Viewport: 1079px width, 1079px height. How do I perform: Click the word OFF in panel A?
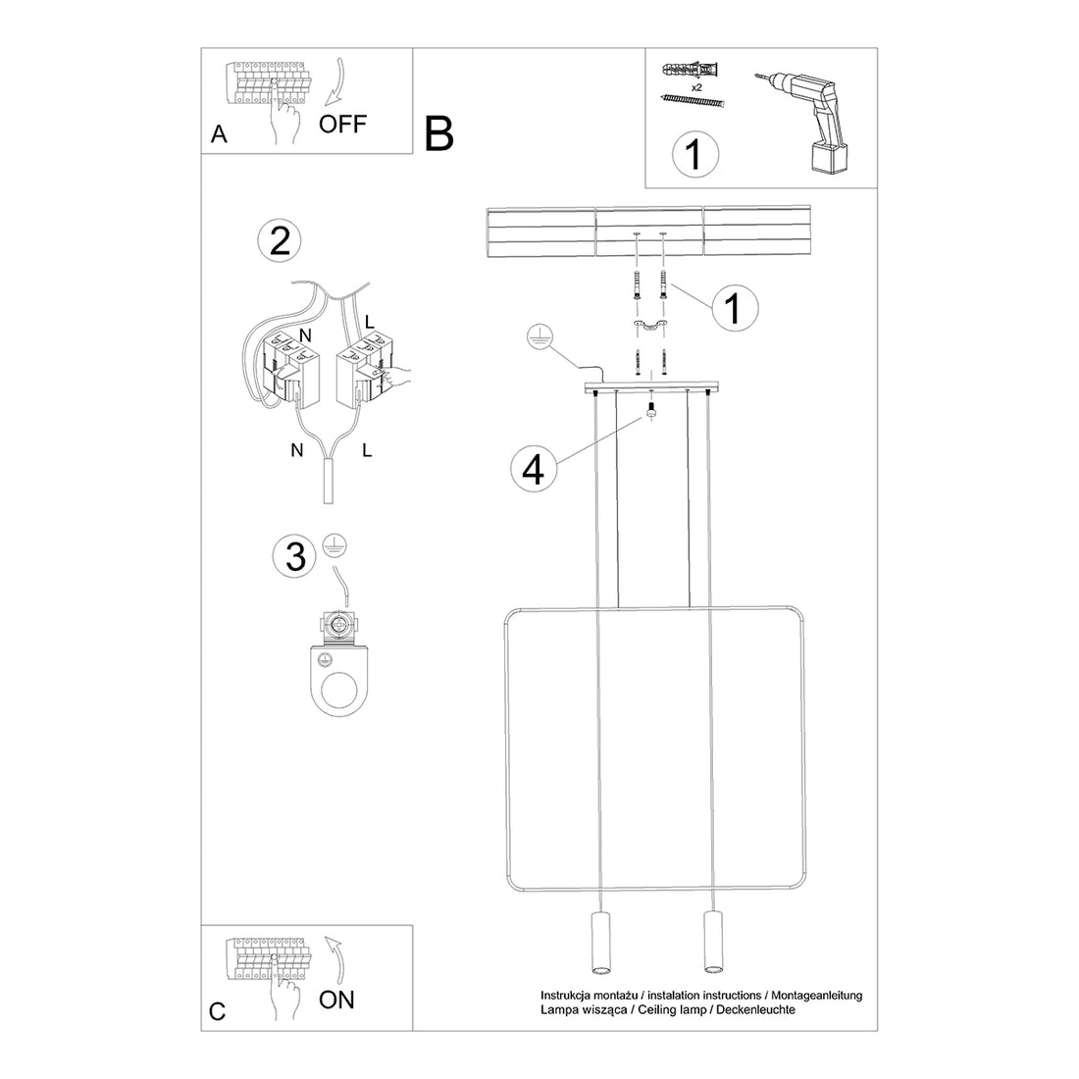coord(342,124)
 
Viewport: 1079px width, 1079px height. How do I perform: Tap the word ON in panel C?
coord(337,1000)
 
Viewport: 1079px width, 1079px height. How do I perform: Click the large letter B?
coord(439,134)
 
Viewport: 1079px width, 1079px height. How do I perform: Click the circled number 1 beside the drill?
coord(694,154)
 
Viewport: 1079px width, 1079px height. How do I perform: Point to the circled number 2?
coord(280,241)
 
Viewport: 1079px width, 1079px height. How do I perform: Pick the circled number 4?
coord(533,469)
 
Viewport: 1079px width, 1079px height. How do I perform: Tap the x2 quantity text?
coord(696,87)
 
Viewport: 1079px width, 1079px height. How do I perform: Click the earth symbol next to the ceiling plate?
coord(536,334)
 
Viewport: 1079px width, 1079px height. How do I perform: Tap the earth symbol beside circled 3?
coord(334,546)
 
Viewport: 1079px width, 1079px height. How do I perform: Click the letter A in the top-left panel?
coord(219,134)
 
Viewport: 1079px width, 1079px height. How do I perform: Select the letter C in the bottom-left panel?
coord(218,1011)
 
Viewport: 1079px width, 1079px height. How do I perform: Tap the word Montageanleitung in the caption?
coord(813,995)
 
